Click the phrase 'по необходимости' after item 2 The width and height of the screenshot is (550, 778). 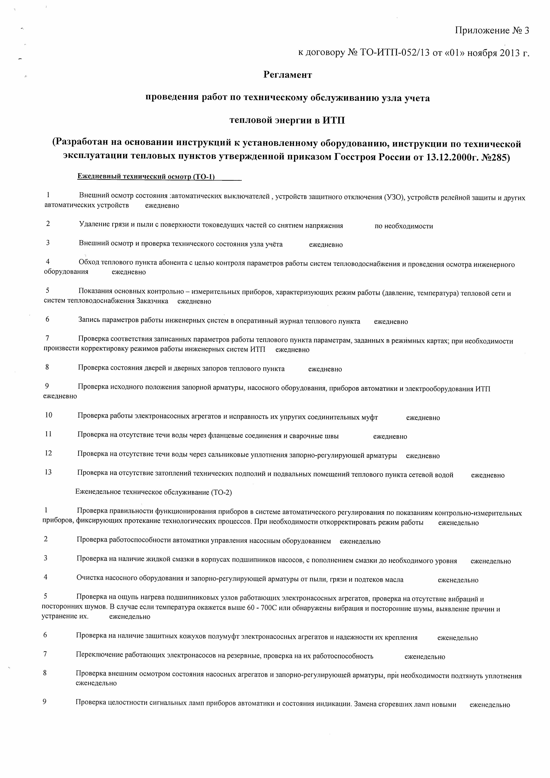[404, 226]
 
